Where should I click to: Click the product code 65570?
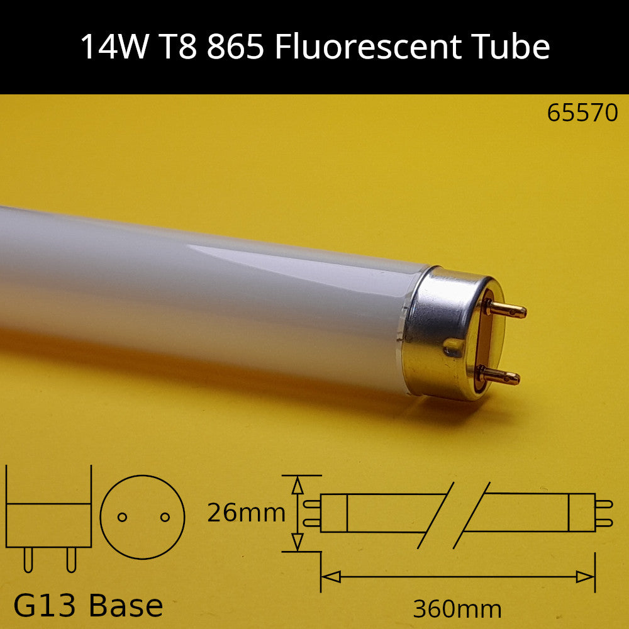pos(582,113)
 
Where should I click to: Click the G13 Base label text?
pos(88,606)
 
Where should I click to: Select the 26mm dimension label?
pos(246,513)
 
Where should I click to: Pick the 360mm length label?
pos(457,609)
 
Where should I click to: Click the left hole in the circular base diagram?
pos(123,517)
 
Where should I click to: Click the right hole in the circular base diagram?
pos(165,517)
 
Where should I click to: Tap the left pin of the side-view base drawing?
pos(28,559)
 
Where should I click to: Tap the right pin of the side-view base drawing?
pos(70,559)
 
